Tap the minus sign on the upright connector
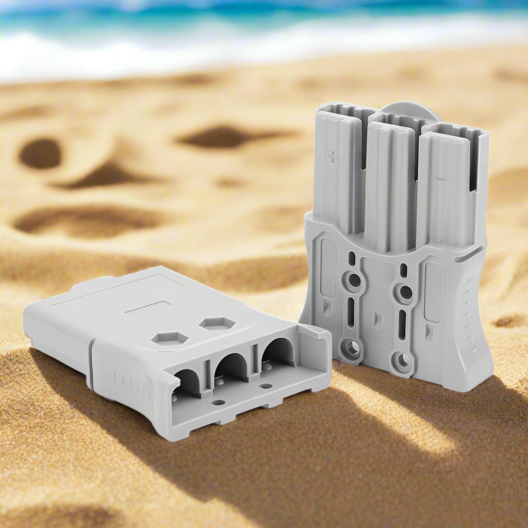click(440, 178)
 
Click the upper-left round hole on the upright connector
click(354, 281)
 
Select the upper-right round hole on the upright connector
click(405, 293)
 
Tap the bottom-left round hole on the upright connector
click(352, 349)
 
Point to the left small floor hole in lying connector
click(219, 402)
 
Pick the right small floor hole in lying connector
click(266, 386)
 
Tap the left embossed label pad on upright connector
click(328, 268)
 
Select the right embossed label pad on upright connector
click(432, 292)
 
